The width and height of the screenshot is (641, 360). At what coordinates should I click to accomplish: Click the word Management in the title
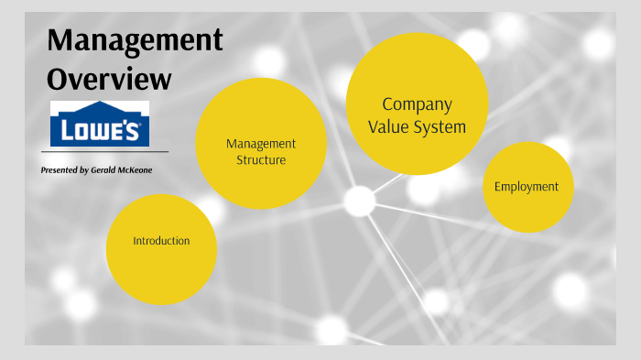coord(135,40)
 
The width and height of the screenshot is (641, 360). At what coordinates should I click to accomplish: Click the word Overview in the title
coord(109,79)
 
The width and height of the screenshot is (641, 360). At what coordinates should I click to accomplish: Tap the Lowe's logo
coord(99,124)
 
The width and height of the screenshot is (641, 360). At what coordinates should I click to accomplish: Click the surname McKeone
coord(134,170)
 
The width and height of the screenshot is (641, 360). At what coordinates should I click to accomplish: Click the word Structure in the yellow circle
coord(261,160)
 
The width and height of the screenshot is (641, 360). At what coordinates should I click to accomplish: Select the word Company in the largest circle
coord(417,104)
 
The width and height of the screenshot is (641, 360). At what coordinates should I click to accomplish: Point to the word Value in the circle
coord(390,127)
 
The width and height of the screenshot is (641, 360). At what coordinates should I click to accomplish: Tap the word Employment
coord(527,187)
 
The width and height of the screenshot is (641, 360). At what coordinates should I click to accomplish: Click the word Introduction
coord(161,241)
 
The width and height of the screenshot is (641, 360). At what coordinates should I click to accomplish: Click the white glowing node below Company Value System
coord(359,201)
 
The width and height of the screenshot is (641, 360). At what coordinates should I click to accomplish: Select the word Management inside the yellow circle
coord(261,144)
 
